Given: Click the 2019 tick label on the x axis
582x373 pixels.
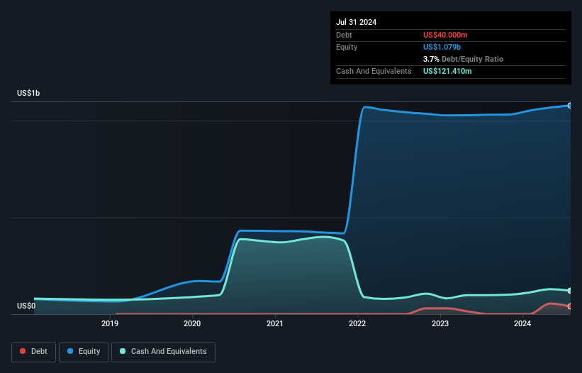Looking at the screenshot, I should click(x=110, y=323).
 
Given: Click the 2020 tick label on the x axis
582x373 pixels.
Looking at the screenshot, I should click(x=192, y=323).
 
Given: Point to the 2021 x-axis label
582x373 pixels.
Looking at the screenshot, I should click(x=275, y=323).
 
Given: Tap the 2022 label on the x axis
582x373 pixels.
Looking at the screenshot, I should click(x=357, y=323).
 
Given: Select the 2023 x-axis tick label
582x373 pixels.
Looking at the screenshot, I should click(x=440, y=323).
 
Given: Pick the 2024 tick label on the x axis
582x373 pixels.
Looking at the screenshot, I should click(x=522, y=323).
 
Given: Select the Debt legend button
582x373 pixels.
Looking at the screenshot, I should click(x=33, y=352).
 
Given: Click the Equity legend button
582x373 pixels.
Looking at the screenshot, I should click(x=84, y=352).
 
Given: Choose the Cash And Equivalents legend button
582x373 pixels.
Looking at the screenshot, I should click(x=163, y=352).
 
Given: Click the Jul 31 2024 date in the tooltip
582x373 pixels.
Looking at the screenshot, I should click(x=356, y=22).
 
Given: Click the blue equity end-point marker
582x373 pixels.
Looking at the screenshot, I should click(x=570, y=105).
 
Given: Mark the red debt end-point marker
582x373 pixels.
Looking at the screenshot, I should click(x=570, y=306).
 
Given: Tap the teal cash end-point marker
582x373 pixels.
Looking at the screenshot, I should click(x=570, y=291).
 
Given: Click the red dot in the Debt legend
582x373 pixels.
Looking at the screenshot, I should click(x=23, y=352).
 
